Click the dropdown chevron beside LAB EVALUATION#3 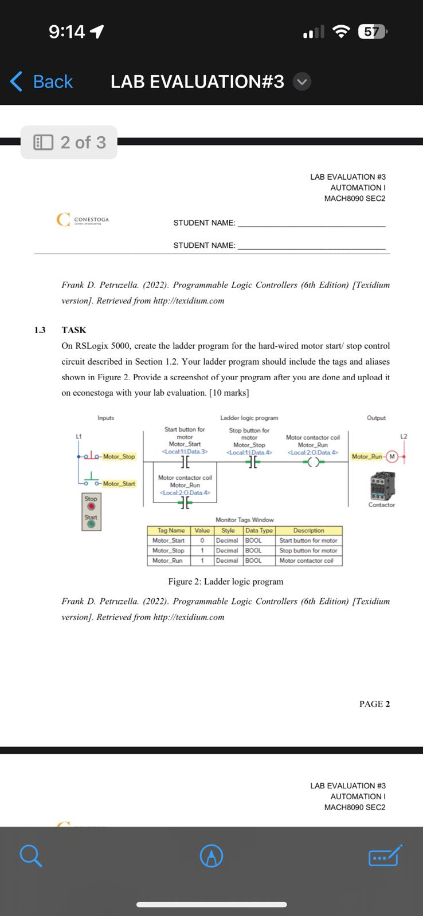pyautogui.click(x=302, y=82)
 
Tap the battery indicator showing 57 pyautogui.click(x=372, y=31)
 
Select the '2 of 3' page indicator pyautogui.click(x=70, y=142)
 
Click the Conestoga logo pyautogui.click(x=83, y=220)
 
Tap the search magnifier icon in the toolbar pyautogui.click(x=30, y=856)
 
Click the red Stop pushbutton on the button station pyautogui.click(x=91, y=507)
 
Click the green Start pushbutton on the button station pyautogui.click(x=91, y=524)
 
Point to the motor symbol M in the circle pyautogui.click(x=392, y=456)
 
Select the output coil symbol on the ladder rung pyautogui.click(x=312, y=463)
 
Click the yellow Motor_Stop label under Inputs pyautogui.click(x=119, y=456)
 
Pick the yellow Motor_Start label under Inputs pyautogui.click(x=119, y=484)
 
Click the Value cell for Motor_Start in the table pyautogui.click(x=202, y=540)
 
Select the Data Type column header pyautogui.click(x=258, y=531)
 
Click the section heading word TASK pyautogui.click(x=74, y=330)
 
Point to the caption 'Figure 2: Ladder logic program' pyautogui.click(x=225, y=582)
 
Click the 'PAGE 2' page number pyautogui.click(x=374, y=704)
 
